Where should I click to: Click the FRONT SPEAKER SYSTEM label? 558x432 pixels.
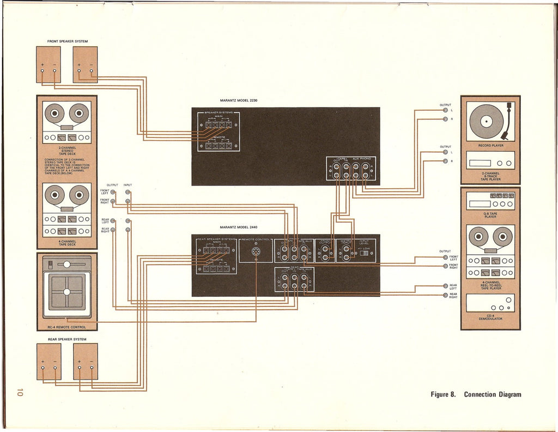point(68,41)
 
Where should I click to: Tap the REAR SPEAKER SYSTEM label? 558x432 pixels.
point(66,339)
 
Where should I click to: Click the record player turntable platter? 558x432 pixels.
point(486,121)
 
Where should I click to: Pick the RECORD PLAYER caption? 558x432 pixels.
point(490,146)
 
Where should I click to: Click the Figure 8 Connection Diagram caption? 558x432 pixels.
point(476,394)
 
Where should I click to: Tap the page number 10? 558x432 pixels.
point(20,392)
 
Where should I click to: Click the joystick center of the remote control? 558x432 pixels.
point(66,292)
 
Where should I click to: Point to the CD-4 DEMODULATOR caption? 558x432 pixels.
point(490,317)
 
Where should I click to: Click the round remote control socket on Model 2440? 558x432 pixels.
point(256,252)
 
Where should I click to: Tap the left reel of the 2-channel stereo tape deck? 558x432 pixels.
point(54,113)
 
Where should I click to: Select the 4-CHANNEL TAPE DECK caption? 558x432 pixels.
point(66,243)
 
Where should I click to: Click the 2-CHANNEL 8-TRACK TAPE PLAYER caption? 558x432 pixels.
point(490,176)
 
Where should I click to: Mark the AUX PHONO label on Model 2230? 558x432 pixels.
point(361,159)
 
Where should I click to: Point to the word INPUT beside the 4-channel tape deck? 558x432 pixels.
point(128,185)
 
